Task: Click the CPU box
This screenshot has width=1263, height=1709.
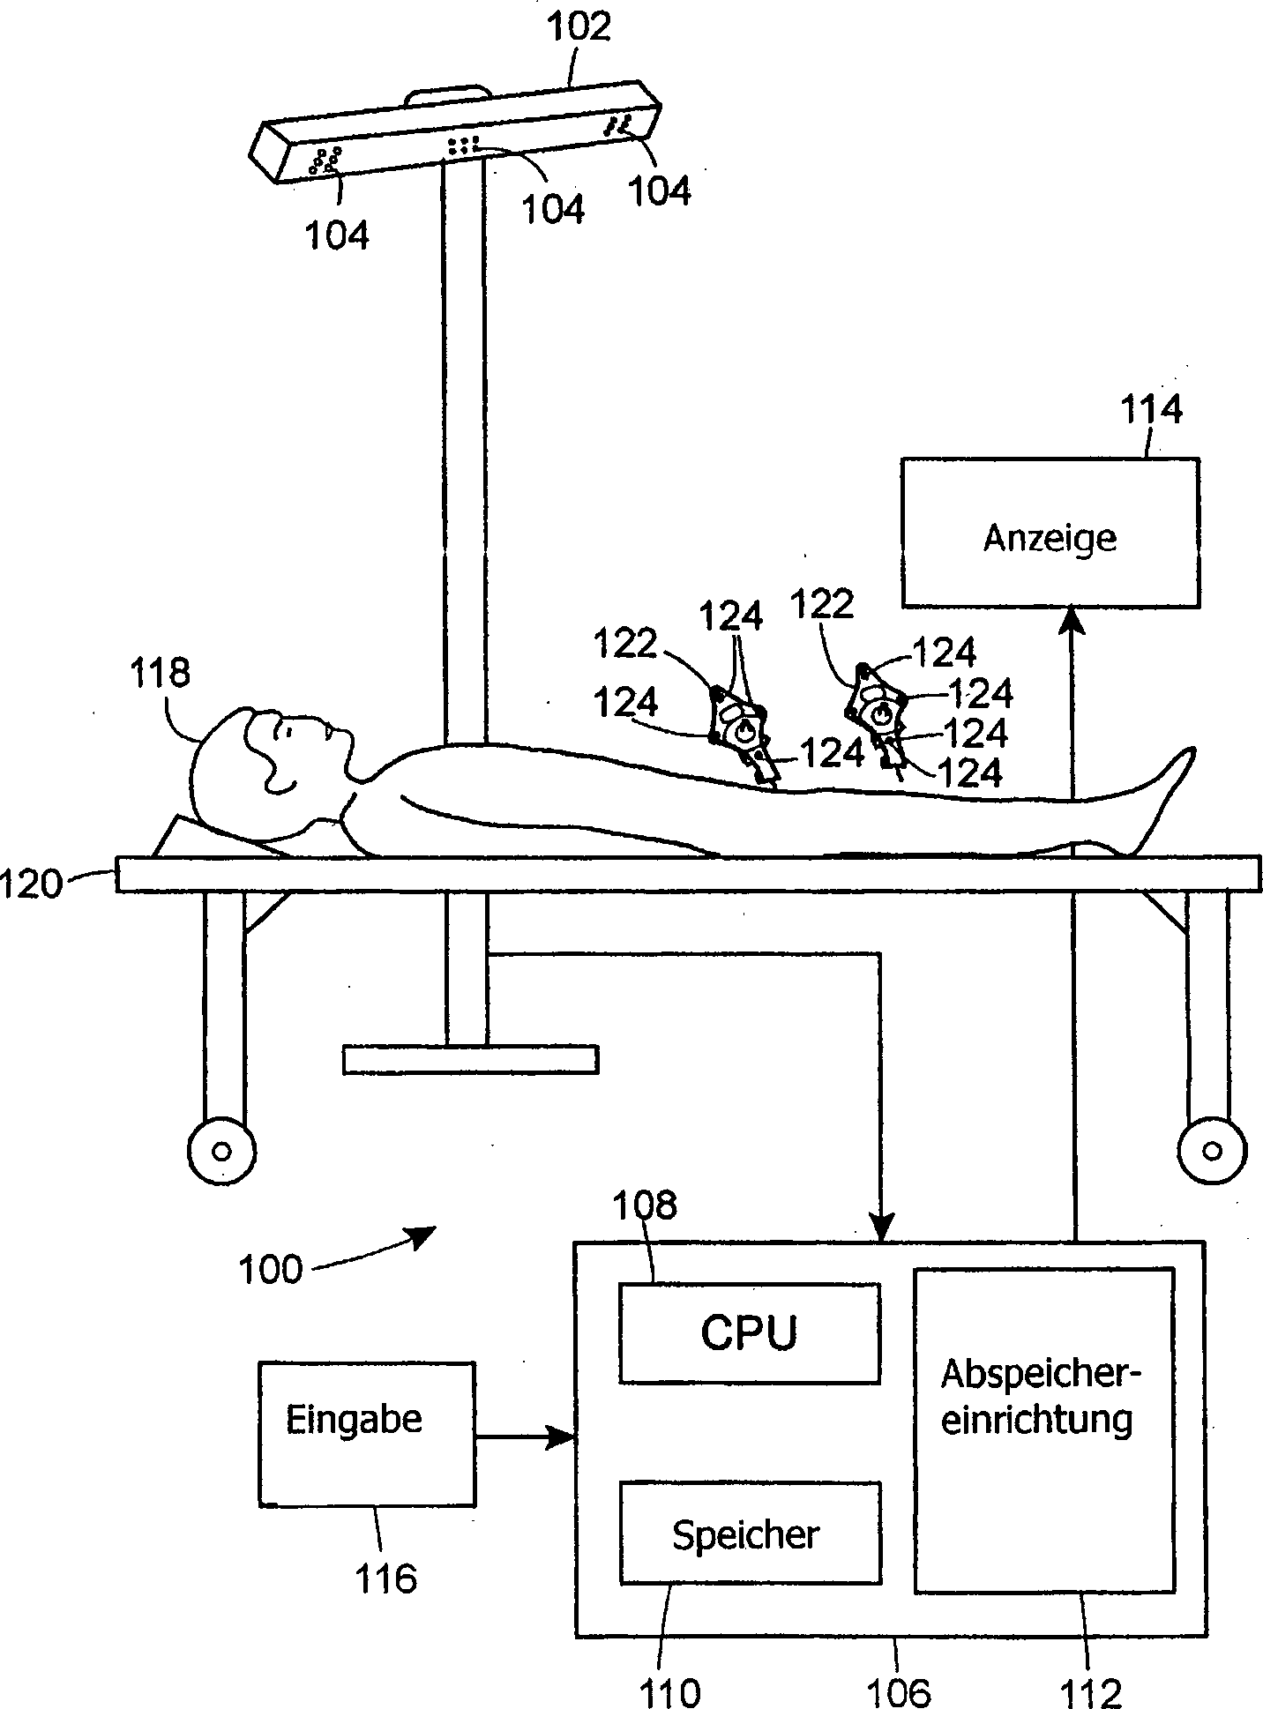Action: pos(749,1332)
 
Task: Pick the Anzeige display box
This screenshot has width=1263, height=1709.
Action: pos(1050,533)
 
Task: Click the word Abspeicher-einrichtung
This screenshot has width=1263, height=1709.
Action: pos(1042,1398)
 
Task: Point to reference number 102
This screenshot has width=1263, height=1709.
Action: pos(579,27)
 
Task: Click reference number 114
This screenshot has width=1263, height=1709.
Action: pos(1151,410)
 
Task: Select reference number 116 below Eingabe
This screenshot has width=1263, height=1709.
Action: pos(385,1578)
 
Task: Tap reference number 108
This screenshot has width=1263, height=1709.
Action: pos(648,1205)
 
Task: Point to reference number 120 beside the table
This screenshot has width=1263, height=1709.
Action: pos(34,883)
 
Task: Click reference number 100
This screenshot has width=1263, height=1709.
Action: pos(271,1270)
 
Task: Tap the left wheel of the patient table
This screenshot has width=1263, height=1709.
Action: pos(221,1151)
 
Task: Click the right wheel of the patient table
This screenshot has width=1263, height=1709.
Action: pos(1213,1151)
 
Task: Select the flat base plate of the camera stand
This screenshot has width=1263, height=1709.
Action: pos(470,1059)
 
